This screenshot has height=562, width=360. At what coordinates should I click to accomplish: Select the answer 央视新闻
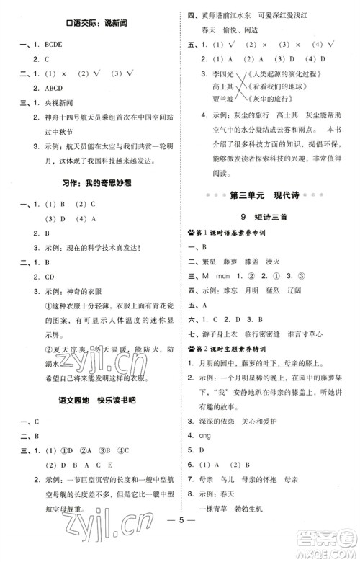click(59, 102)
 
